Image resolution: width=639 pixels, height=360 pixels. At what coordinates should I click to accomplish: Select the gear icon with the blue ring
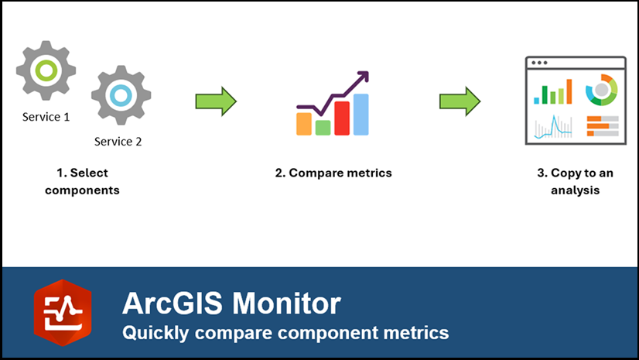click(120, 95)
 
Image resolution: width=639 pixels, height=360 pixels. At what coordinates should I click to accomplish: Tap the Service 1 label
click(46, 117)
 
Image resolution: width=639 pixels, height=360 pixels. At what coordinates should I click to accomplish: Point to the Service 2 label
click(118, 142)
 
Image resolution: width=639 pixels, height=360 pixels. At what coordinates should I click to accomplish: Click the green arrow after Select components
click(215, 101)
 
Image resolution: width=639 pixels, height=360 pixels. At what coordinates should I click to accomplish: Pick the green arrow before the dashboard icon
click(460, 101)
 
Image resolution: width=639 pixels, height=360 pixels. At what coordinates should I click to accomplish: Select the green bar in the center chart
click(323, 127)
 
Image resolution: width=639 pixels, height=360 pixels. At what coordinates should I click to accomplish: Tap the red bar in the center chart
click(341, 118)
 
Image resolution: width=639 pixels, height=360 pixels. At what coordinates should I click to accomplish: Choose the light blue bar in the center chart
click(361, 115)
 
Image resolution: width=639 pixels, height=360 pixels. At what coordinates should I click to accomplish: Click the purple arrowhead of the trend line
click(362, 78)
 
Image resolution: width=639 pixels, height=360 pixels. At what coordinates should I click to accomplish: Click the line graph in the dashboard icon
click(552, 126)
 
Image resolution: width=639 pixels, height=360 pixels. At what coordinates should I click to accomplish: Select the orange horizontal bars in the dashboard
click(602, 125)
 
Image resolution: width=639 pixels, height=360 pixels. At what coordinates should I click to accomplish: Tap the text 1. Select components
click(82, 181)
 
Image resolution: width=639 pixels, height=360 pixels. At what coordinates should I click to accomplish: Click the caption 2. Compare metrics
click(333, 173)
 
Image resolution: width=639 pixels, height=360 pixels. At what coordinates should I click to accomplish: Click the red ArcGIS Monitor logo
click(62, 313)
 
